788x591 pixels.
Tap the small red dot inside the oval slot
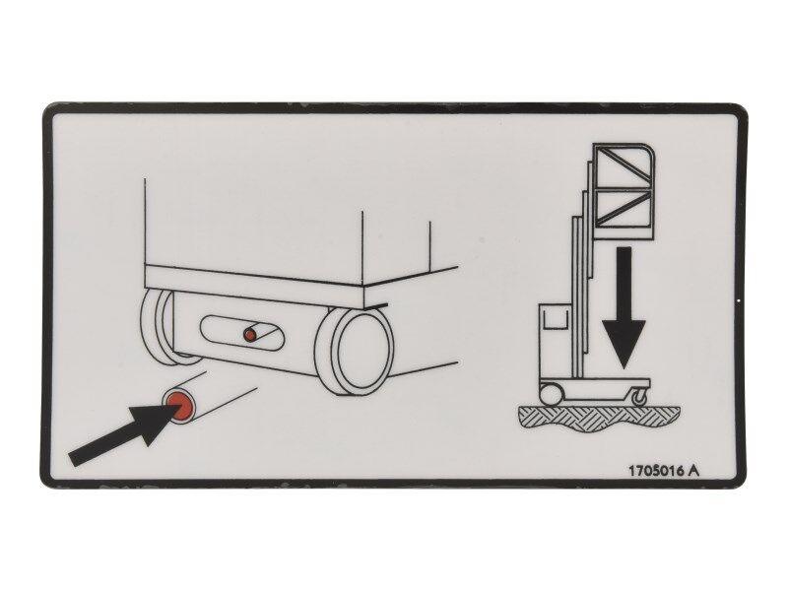click(250, 336)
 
